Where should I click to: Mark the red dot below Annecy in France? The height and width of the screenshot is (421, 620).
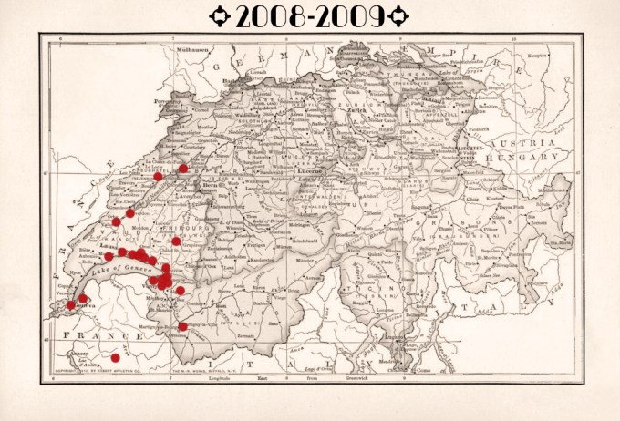[115, 357]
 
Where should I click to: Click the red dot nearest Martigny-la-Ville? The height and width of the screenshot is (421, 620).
[182, 326]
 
